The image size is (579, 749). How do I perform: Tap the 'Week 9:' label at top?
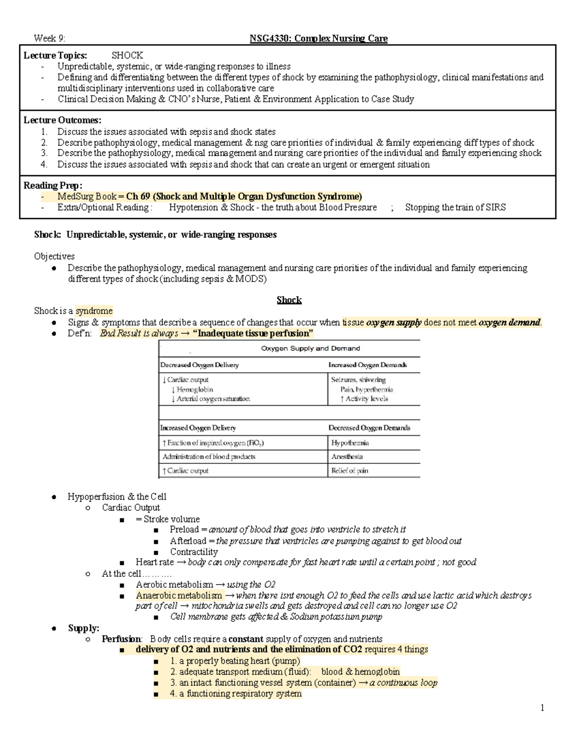pos(49,39)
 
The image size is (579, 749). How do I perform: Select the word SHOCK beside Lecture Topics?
pos(127,55)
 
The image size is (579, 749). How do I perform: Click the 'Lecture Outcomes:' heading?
pos(63,120)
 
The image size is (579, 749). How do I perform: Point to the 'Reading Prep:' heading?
pos(53,186)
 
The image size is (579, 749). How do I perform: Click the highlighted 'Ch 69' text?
pos(138,196)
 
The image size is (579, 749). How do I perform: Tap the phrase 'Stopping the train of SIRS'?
pos(455,207)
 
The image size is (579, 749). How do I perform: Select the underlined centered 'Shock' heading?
pos(289,300)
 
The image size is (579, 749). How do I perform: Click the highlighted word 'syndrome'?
pos(94,311)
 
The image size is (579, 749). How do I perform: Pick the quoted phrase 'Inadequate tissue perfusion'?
pos(253,333)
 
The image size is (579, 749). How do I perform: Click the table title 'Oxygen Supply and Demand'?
pos(310,348)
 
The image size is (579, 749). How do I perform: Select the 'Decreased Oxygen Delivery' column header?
pos(199,365)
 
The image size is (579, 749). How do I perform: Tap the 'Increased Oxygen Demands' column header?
pos(367,365)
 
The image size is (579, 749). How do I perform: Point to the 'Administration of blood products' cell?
pos(209,457)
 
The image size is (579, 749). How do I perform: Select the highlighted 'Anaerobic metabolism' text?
pos(179,596)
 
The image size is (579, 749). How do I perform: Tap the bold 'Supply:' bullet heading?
pos(83,628)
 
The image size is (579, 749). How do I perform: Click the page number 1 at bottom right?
pos(542,708)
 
